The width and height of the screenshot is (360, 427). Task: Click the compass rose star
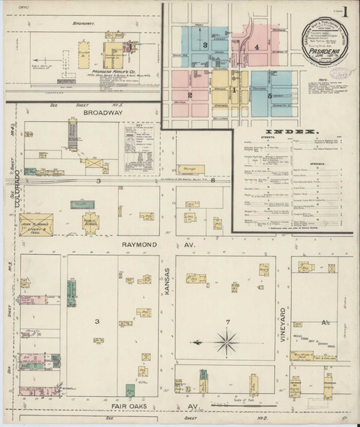tap(229, 338)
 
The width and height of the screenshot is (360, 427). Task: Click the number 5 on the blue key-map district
tap(269, 95)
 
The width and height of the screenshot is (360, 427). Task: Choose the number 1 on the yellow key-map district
tap(233, 89)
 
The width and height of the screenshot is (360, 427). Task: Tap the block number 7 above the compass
tap(228, 320)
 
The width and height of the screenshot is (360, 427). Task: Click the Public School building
tap(91, 223)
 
